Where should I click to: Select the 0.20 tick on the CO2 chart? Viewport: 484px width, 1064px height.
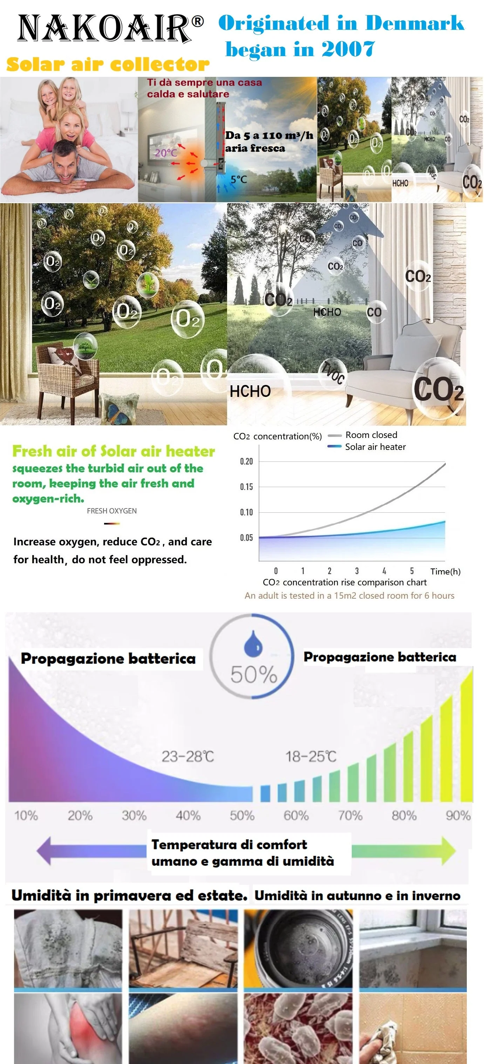coord(246,461)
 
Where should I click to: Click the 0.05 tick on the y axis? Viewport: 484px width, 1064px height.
coord(246,537)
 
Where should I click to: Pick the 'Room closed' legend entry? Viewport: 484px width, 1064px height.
coord(371,435)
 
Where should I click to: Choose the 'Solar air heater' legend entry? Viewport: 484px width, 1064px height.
coord(375,447)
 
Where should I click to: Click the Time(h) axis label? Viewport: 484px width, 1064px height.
coord(445,571)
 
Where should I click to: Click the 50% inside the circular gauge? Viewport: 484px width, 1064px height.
coord(253,674)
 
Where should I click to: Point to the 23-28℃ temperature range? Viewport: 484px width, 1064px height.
coord(188,756)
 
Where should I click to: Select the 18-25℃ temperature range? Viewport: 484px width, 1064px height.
coord(311,756)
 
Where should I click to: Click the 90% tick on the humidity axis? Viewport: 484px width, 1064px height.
coord(458,815)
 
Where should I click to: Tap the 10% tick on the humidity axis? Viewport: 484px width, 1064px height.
coord(26,815)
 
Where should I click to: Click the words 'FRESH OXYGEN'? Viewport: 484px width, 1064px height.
coord(112,511)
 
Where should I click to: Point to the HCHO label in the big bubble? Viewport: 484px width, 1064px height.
coord(250,391)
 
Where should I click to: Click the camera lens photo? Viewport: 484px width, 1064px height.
coord(298,949)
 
